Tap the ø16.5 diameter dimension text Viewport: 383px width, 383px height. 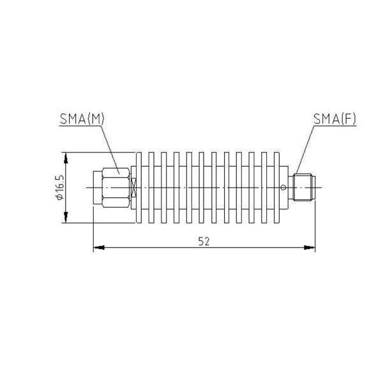tap(58, 188)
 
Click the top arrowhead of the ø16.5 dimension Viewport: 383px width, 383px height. tap(64, 155)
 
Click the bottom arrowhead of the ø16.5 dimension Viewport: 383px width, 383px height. tap(64, 221)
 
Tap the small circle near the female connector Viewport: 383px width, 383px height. tap(283, 187)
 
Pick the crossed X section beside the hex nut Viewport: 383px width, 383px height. tap(133, 187)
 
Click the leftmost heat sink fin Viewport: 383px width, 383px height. tap(142, 188)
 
